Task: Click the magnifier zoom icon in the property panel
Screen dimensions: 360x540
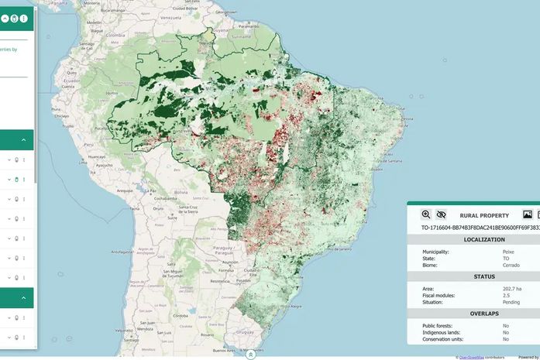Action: click(426, 214)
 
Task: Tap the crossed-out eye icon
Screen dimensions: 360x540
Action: click(441, 214)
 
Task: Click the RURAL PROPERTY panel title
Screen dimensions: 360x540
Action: click(484, 215)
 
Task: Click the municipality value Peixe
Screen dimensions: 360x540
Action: click(508, 252)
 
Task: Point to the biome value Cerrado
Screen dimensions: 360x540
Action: click(511, 265)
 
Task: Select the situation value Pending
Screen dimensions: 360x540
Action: click(511, 302)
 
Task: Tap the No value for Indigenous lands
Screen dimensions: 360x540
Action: click(506, 332)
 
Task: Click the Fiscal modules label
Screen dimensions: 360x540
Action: click(440, 295)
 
